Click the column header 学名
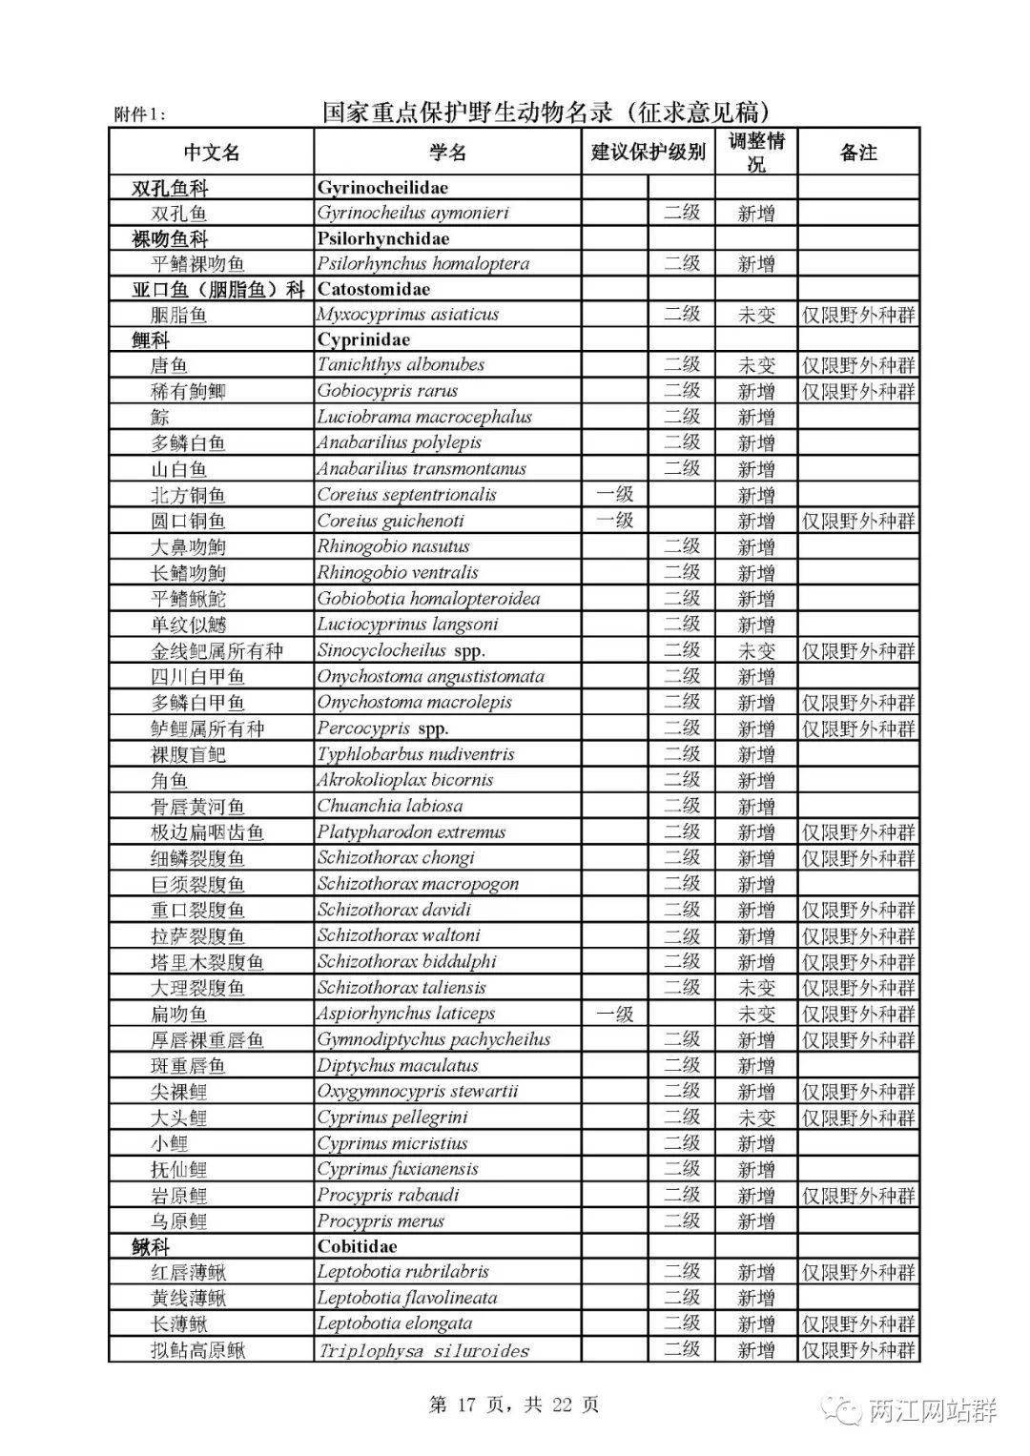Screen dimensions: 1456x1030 pyautogui.click(x=447, y=153)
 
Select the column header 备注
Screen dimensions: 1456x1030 pyautogui.click(x=858, y=153)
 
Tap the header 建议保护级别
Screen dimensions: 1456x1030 pyautogui.click(x=649, y=153)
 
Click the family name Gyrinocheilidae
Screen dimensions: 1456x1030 pyautogui.click(x=382, y=187)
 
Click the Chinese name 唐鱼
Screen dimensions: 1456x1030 pyautogui.click(x=170, y=365)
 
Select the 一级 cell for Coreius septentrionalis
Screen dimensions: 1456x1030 pyautogui.click(x=614, y=495)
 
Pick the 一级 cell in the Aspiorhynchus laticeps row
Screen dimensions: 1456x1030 pyautogui.click(x=614, y=1014)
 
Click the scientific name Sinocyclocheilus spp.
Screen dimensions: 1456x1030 pyautogui.click(x=402, y=650)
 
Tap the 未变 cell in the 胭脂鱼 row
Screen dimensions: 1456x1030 pyautogui.click(x=756, y=315)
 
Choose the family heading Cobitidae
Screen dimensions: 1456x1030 pyautogui.click(x=358, y=1246)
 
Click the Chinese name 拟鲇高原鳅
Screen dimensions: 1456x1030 pyautogui.click(x=198, y=1350)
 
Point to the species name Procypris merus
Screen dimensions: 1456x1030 pyautogui.click(x=381, y=1220)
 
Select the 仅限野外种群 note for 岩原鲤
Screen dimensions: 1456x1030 pyautogui.click(x=858, y=1195)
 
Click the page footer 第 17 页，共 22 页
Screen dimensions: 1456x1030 pyautogui.click(x=514, y=1405)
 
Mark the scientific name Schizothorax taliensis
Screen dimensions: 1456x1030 pyautogui.click(x=402, y=987)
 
